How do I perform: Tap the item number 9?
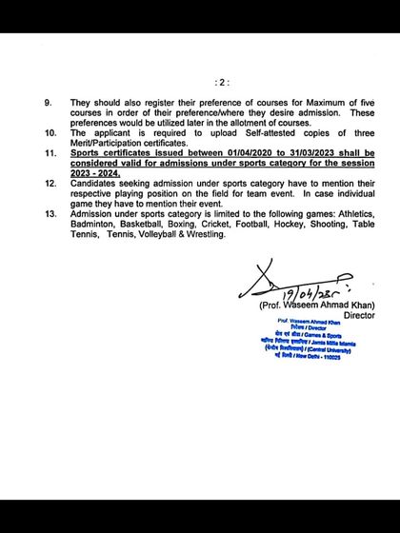pos(50,101)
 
